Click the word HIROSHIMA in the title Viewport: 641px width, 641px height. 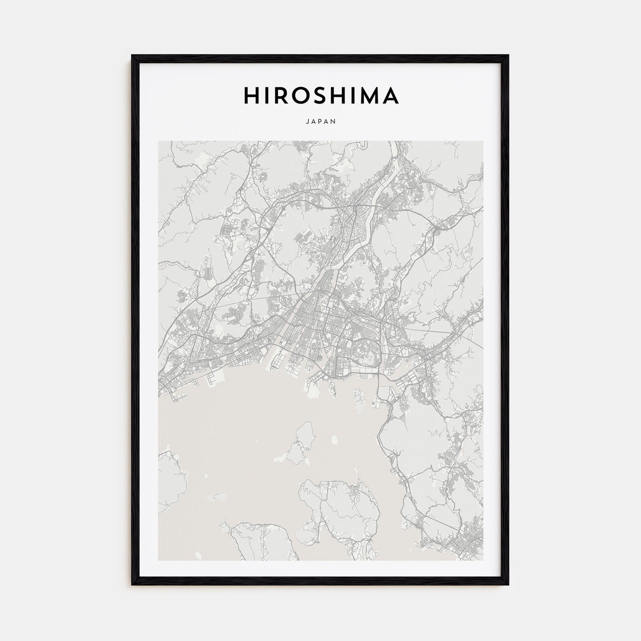click(320, 95)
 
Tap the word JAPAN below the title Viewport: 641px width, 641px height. click(320, 122)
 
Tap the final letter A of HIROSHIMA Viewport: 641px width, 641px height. click(391, 95)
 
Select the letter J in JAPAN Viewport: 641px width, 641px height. click(306, 122)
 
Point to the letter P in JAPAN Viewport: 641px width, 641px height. click(320, 122)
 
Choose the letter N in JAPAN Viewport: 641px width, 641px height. click(334, 122)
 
